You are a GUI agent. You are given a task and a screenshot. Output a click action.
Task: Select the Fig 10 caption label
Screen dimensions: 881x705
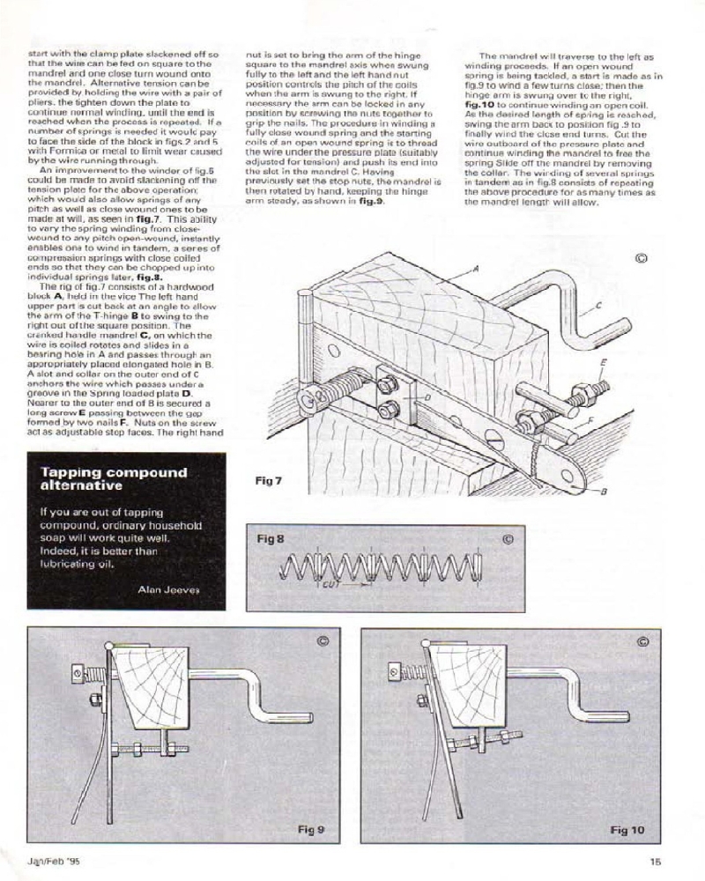coord(627,830)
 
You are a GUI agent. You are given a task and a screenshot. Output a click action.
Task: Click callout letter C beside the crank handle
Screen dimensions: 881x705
coord(598,306)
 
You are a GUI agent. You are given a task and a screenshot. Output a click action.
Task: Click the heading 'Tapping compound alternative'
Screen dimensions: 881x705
coord(114,478)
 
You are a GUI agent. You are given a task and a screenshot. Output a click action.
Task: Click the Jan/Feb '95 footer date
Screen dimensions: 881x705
coord(55,863)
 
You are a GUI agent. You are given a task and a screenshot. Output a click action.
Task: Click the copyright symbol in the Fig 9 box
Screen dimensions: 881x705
coord(323,642)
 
